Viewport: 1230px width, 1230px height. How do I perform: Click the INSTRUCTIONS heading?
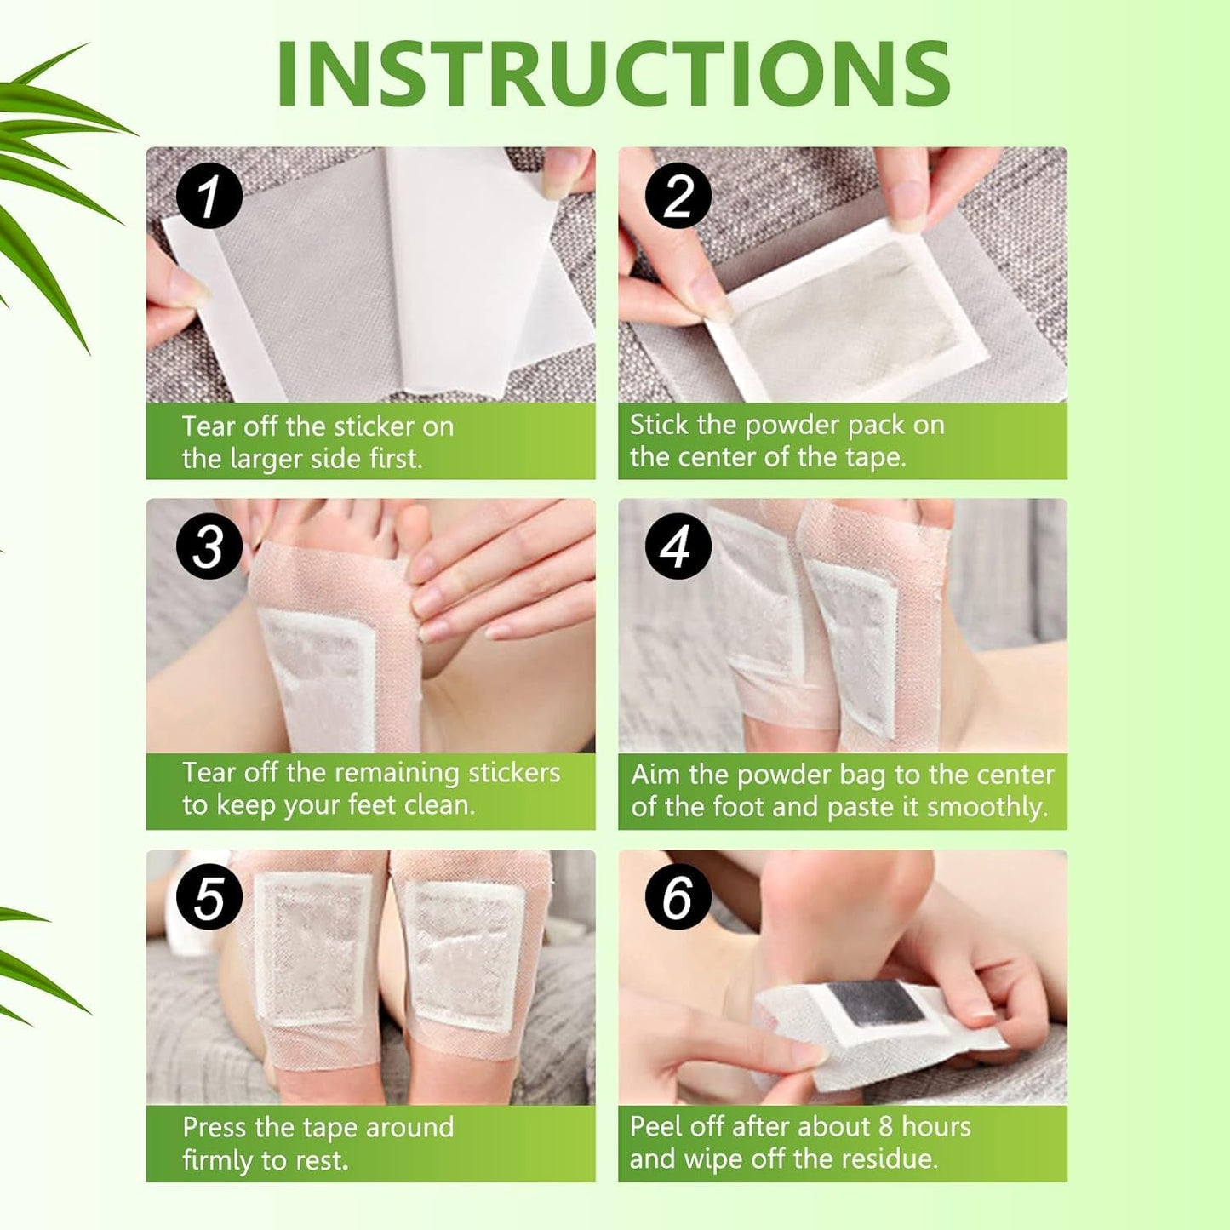(x=613, y=74)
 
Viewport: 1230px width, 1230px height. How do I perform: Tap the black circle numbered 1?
(x=209, y=196)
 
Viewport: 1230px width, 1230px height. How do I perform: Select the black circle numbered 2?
(x=678, y=196)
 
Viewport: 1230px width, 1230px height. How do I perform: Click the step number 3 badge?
(x=209, y=546)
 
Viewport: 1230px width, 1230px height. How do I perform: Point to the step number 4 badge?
(x=678, y=546)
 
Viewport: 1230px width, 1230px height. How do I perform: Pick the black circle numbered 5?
(x=209, y=898)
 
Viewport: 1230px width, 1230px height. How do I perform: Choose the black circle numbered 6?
(x=678, y=896)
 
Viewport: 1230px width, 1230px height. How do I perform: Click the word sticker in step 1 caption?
(x=374, y=426)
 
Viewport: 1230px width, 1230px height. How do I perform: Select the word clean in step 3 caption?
(x=438, y=805)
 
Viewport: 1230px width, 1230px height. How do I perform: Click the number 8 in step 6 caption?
(x=885, y=1127)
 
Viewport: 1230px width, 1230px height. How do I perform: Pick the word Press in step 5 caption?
(x=215, y=1128)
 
